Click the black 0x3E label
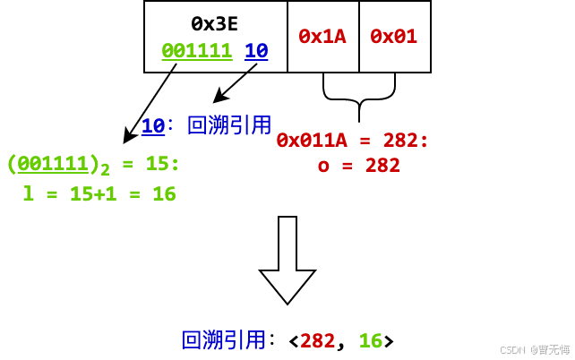[215, 24]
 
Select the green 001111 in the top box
[197, 51]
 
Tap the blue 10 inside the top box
[256, 51]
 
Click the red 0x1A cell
[322, 37]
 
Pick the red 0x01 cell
[394, 37]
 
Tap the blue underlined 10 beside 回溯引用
[152, 126]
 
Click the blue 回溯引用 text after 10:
[229, 125]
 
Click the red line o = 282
[358, 165]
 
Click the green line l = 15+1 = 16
[99, 193]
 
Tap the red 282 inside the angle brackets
[317, 340]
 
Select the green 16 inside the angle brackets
[370, 340]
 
